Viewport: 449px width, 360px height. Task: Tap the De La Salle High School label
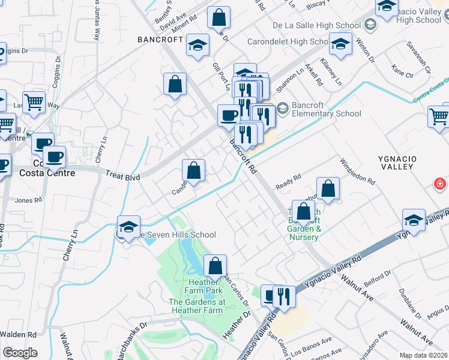click(316, 25)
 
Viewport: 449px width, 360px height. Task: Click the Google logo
click(20, 353)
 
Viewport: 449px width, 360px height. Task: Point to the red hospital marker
click(440, 184)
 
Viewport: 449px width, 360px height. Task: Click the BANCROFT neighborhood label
click(160, 40)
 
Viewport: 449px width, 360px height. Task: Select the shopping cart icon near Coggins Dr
click(34, 103)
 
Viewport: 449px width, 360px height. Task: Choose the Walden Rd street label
click(19, 334)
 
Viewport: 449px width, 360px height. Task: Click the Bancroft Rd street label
click(243, 157)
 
